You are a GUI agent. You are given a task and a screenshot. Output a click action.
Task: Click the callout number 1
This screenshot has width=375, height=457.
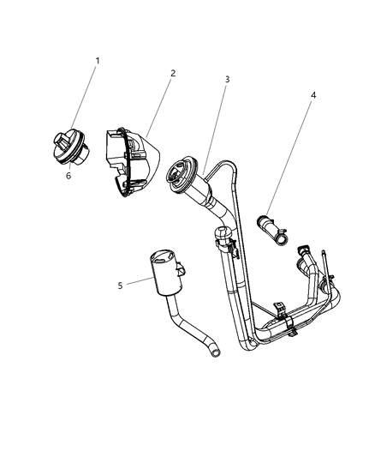[97, 61]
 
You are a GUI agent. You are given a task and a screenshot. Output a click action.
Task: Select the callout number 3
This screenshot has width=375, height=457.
[226, 80]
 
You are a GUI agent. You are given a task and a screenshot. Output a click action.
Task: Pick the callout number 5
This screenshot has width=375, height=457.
[120, 286]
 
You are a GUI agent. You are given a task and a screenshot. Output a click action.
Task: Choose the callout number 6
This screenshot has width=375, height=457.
[69, 176]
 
